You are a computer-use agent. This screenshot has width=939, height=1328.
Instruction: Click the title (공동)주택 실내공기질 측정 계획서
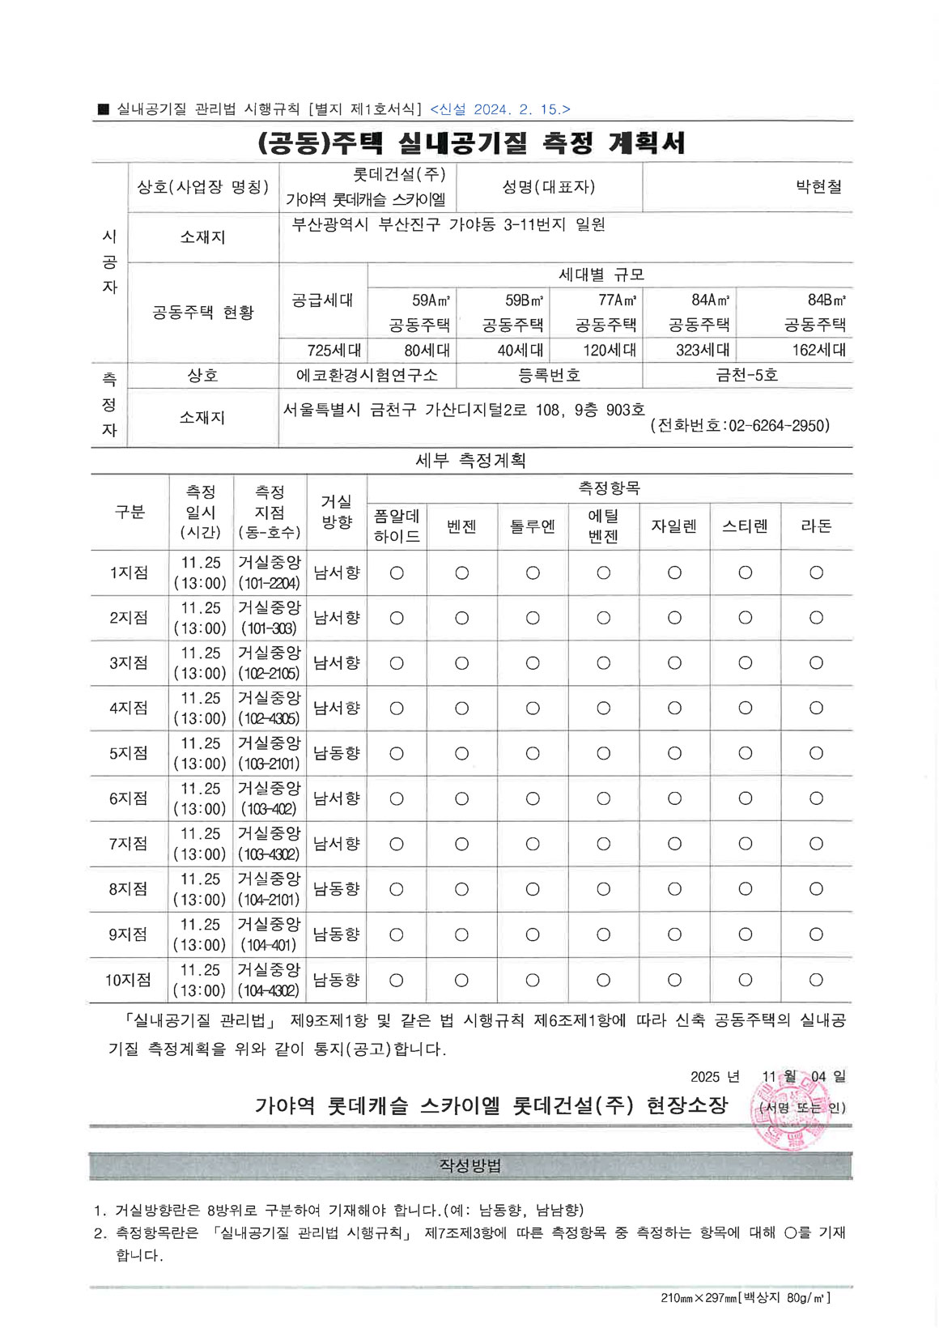470,143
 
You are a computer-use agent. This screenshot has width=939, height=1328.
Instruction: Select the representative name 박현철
818,187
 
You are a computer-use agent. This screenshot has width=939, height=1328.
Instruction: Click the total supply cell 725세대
334,351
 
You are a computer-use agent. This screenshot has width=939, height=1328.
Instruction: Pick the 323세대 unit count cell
703,351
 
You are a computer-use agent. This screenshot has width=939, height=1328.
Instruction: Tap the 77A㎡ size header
617,300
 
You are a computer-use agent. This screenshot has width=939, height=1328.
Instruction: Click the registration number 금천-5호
746,376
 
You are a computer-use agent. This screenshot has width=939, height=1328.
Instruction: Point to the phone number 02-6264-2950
779,426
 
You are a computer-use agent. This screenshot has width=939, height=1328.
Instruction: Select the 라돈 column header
816,526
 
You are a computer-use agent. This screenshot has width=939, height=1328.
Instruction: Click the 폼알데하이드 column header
397,526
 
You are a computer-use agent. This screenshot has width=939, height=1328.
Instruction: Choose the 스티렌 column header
745,526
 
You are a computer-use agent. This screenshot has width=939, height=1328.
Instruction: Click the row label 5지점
129,754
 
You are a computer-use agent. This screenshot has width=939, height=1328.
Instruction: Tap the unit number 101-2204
270,584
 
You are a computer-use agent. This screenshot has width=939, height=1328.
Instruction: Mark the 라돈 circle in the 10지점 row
816,981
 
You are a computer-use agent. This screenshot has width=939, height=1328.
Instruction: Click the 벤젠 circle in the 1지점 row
461,573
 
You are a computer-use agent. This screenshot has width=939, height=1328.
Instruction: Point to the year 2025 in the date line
705,1077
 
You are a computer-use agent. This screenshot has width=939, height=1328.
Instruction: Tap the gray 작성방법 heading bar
470,1166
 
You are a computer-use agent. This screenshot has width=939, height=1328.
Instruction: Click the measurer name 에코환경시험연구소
367,376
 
